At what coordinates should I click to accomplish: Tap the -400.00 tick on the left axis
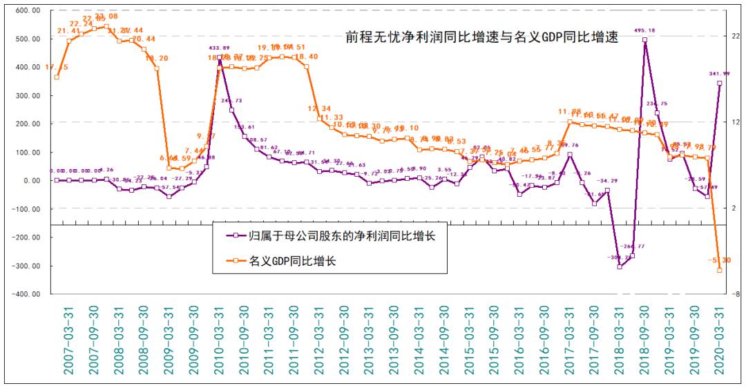(x=26, y=294)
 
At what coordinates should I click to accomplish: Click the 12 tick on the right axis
(x=736, y=122)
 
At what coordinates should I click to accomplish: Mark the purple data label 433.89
(x=220, y=48)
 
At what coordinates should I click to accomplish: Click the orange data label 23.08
(x=106, y=17)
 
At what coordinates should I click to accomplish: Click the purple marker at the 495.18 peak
(x=644, y=40)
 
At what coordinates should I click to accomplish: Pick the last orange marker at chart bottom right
(x=720, y=271)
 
